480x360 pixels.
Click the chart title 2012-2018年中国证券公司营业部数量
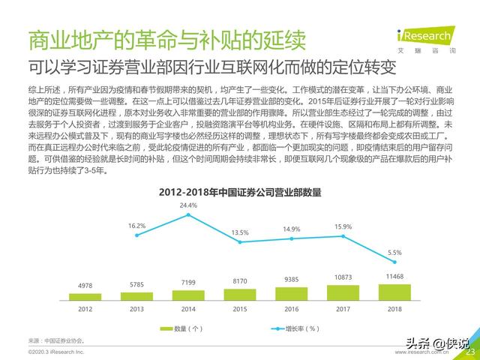tap(239, 193)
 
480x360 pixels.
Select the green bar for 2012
tap(85, 293)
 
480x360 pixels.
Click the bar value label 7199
tap(187, 282)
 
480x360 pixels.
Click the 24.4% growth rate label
tap(187, 205)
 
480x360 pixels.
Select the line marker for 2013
tap(136, 235)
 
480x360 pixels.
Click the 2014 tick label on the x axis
tap(187, 307)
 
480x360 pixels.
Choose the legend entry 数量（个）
tap(181, 328)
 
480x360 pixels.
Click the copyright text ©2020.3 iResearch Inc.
tap(55, 352)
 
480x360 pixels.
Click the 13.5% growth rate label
tap(239, 233)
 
